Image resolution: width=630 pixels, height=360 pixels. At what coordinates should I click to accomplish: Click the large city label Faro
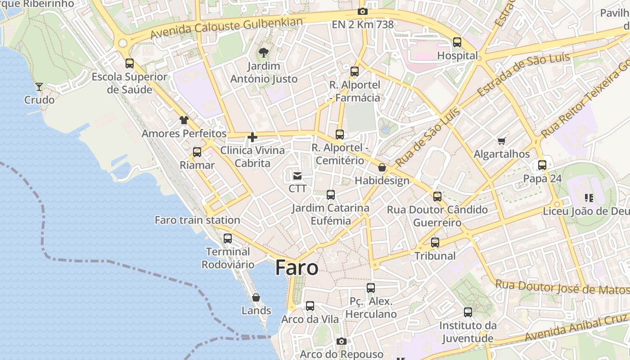pos(297,268)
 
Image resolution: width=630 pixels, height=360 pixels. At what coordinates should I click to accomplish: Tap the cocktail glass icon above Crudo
pos(39,86)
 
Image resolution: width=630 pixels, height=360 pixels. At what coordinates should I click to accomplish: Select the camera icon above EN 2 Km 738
pos(363,12)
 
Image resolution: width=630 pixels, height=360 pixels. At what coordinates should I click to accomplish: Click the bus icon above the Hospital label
pos(457,42)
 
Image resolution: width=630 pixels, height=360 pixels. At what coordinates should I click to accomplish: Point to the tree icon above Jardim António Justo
pos(264,53)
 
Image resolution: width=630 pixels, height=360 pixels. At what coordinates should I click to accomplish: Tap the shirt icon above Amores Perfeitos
pos(184,120)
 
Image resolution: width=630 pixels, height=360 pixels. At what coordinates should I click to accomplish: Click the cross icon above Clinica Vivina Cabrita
pos(252,137)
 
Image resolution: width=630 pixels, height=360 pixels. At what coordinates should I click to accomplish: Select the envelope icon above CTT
pos(297,175)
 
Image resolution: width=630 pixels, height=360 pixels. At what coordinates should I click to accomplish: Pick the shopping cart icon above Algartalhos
pos(502,141)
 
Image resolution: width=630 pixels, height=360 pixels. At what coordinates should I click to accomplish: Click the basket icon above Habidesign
pos(382,168)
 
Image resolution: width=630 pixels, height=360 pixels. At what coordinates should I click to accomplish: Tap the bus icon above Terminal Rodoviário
pos(228,238)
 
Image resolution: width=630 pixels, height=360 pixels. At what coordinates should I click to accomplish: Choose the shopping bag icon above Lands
pos(256,297)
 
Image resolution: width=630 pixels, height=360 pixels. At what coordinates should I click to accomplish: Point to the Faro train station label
pos(197,220)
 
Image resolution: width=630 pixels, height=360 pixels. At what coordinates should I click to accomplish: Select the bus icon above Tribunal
pos(435,243)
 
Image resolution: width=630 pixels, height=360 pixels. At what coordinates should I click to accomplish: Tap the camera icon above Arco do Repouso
pos(342,341)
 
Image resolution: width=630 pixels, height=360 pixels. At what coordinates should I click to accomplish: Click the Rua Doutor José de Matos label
pos(562,287)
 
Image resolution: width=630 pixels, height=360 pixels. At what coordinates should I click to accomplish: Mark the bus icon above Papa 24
pos(542,165)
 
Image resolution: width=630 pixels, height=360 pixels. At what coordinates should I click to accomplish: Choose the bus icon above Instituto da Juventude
pos(468,312)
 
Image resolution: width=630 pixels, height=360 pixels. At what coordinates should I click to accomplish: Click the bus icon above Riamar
pos(197,152)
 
